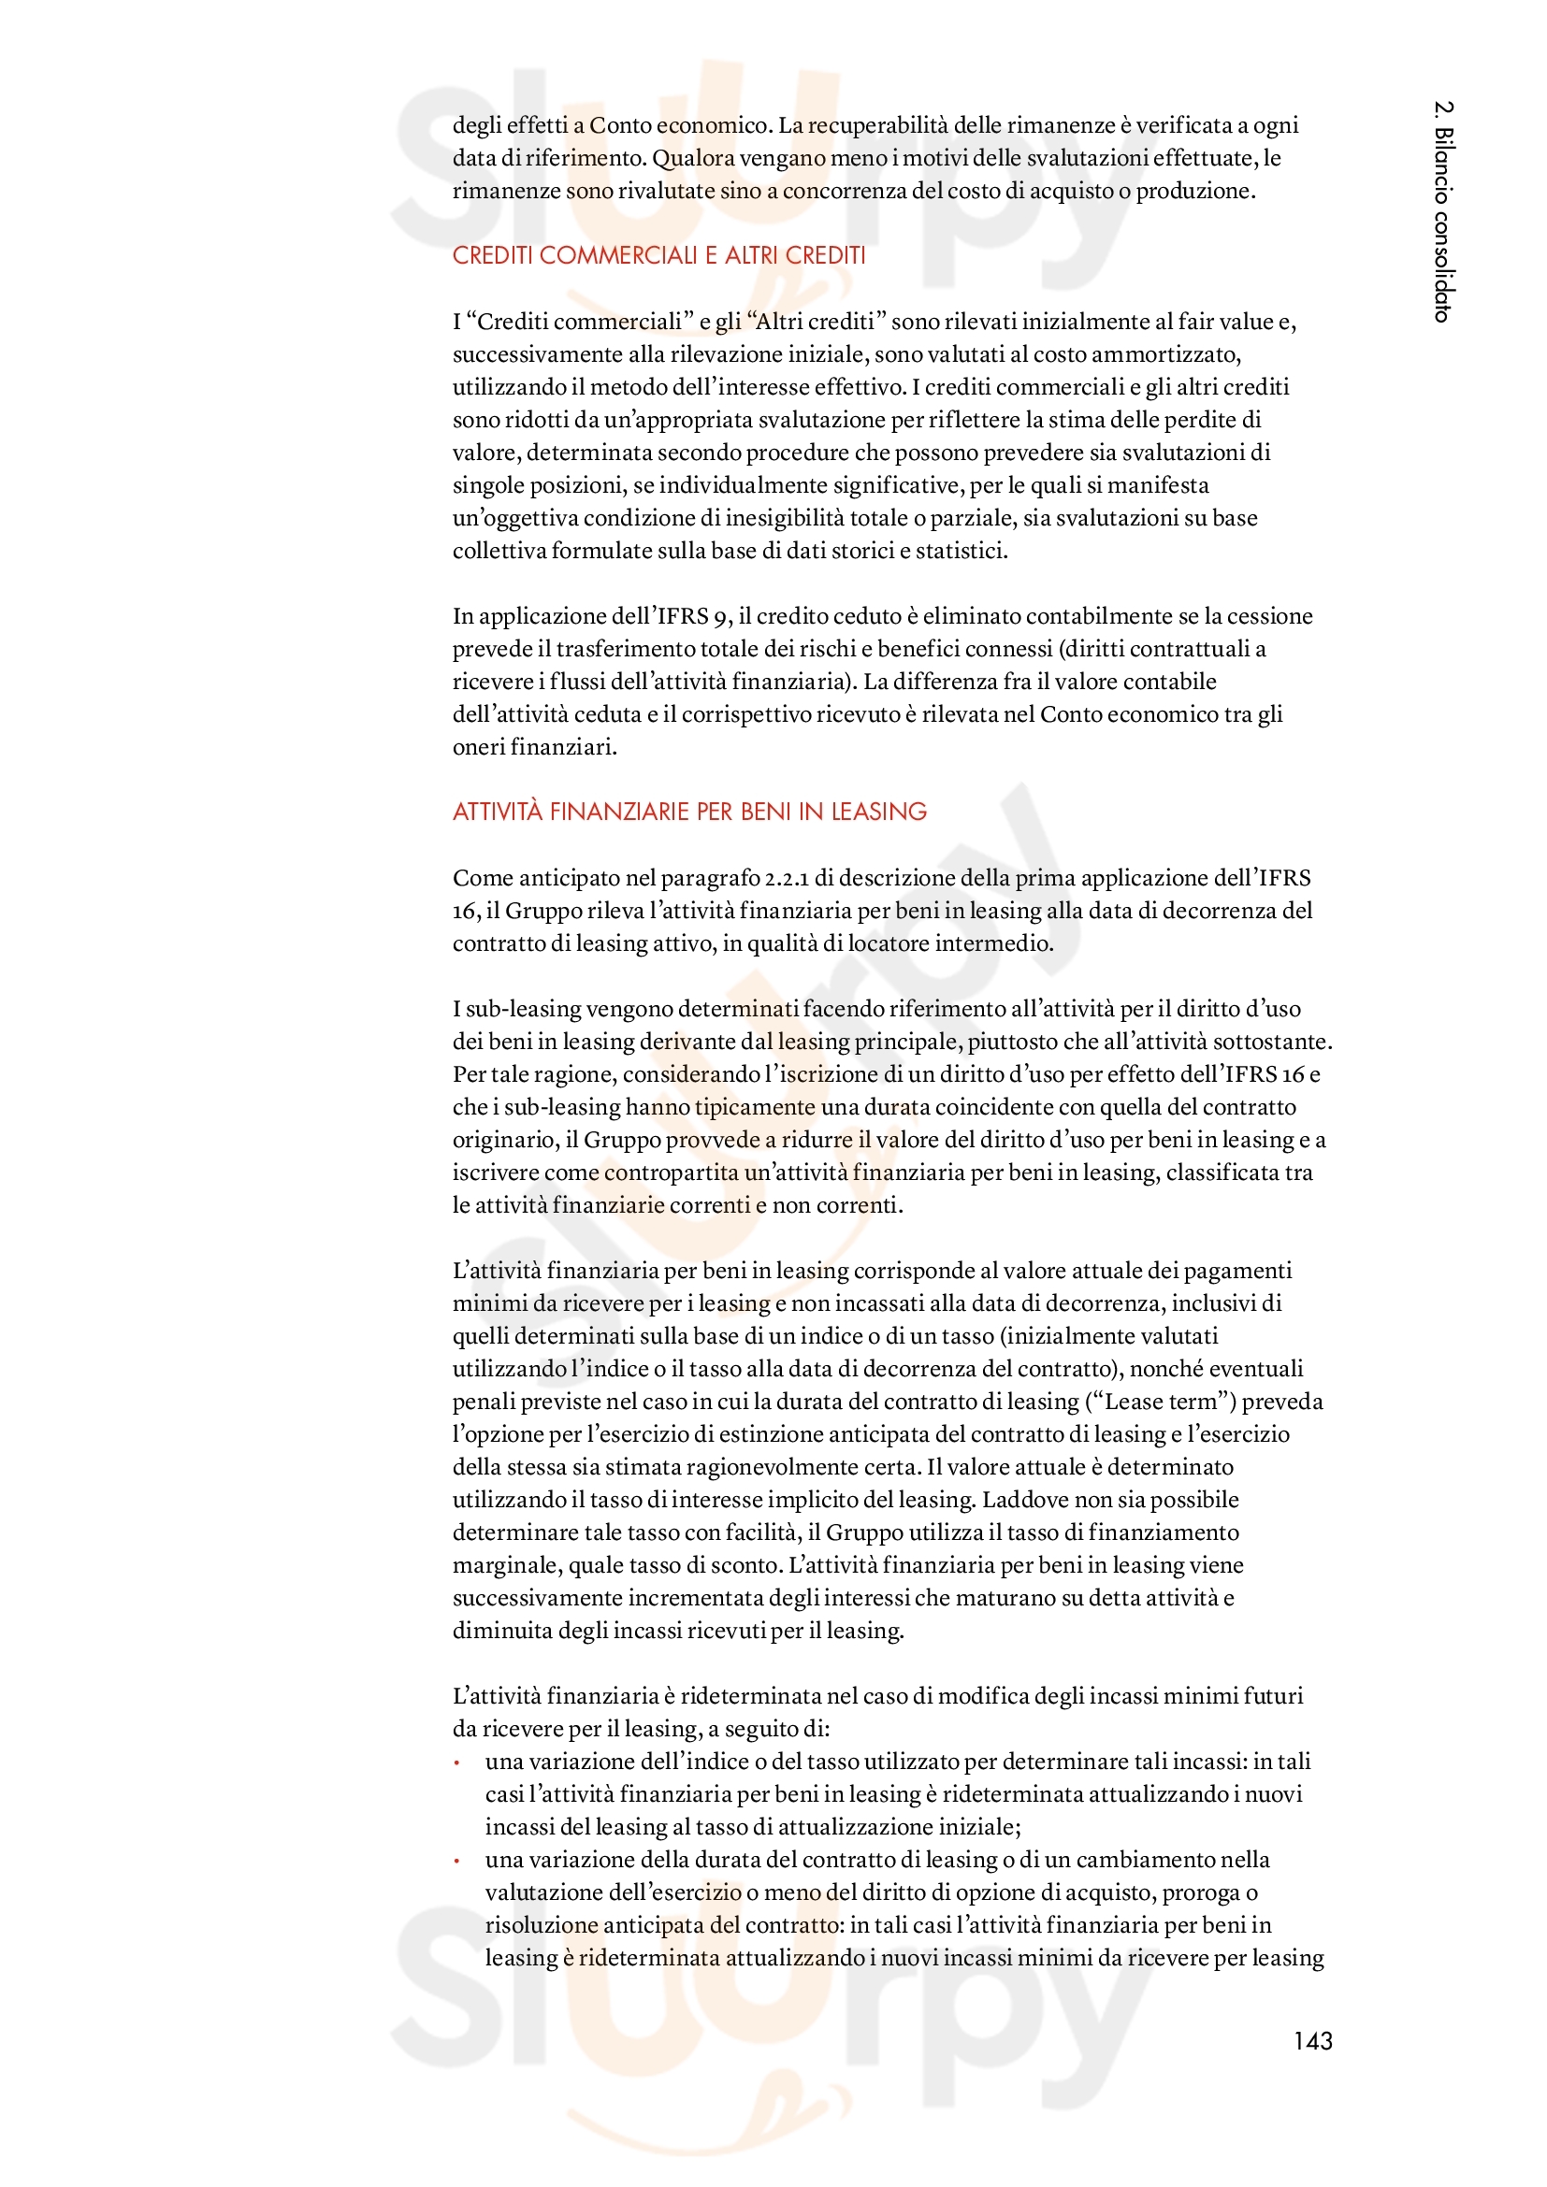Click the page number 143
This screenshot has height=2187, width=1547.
[x=1311, y=2040]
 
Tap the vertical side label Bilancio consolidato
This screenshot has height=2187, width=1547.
[x=1443, y=211]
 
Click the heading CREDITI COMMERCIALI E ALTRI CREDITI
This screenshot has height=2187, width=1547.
[x=658, y=255]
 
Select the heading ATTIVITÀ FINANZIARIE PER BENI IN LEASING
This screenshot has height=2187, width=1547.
[x=689, y=812]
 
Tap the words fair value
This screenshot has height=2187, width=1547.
[x=1227, y=322]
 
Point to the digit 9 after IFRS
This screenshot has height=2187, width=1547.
[x=720, y=617]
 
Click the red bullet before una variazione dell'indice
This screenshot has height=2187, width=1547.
[x=457, y=1763]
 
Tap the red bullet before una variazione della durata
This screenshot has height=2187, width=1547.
[x=457, y=1862]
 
